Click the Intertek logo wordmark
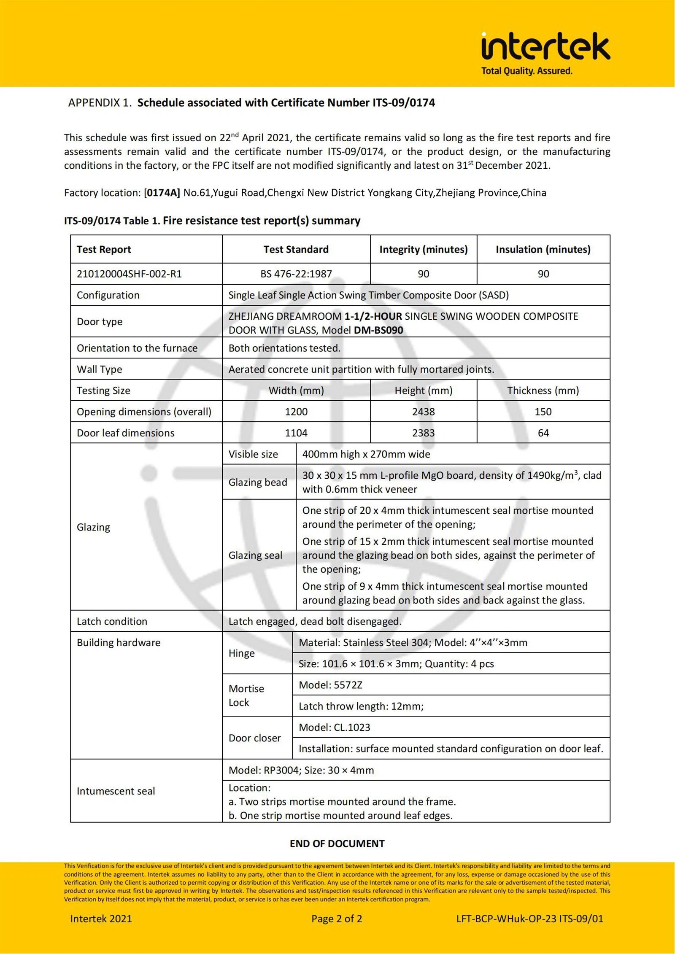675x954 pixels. pyautogui.click(x=545, y=48)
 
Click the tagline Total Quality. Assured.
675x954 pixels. pyautogui.click(x=526, y=71)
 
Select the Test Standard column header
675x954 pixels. pyautogui.click(x=296, y=249)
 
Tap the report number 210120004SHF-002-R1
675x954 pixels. pyautogui.click(x=129, y=274)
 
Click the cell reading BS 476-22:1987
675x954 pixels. pyautogui.click(x=296, y=274)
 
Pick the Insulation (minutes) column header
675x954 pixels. pyautogui.click(x=543, y=249)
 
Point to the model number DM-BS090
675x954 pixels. pyautogui.click(x=378, y=330)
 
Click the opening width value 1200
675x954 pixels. pyautogui.click(x=296, y=412)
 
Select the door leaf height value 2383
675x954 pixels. pyautogui.click(x=423, y=433)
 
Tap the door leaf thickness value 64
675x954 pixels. pyautogui.click(x=543, y=433)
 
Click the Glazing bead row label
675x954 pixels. pyautogui.click(x=258, y=482)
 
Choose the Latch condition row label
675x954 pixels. pyautogui.click(x=112, y=621)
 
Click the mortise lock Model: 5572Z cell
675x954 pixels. pyautogui.click(x=330, y=685)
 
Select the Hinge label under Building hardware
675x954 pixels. pyautogui.click(x=241, y=653)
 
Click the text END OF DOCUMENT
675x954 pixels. pyautogui.click(x=337, y=844)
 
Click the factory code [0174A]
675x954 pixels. pyautogui.click(x=162, y=193)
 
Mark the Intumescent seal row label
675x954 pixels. pyautogui.click(x=116, y=791)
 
